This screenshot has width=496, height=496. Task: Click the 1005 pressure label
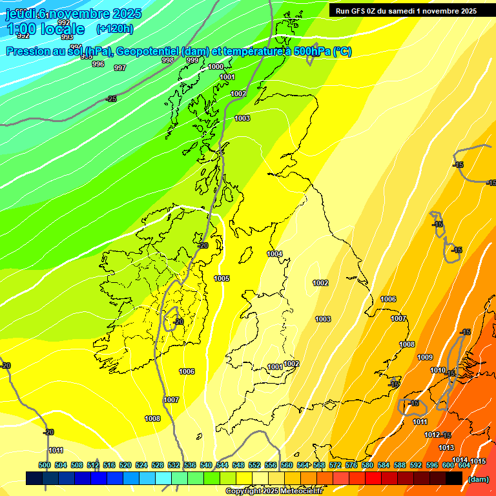(222, 278)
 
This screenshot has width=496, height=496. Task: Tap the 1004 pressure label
(275, 254)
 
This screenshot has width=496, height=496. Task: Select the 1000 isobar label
(216, 67)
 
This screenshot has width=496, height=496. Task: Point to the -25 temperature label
(111, 99)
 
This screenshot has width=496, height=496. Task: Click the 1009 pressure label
(425, 357)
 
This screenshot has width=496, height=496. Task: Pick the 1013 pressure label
(446, 448)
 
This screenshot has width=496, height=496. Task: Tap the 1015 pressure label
(478, 461)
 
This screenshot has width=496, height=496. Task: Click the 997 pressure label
(120, 68)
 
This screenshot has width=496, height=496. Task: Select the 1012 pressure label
(432, 435)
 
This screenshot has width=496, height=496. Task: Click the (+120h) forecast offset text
(114, 28)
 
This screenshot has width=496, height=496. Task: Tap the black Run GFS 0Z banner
(406, 10)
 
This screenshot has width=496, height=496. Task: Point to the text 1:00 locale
(45, 29)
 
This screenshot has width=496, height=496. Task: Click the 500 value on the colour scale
(45, 465)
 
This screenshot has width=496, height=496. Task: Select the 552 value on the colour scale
(254, 465)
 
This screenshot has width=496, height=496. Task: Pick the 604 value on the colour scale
(464, 465)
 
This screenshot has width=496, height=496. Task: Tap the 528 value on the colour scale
(158, 465)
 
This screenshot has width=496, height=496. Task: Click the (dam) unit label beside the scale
(479, 479)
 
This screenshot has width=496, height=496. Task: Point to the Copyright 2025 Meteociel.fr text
(274, 491)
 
